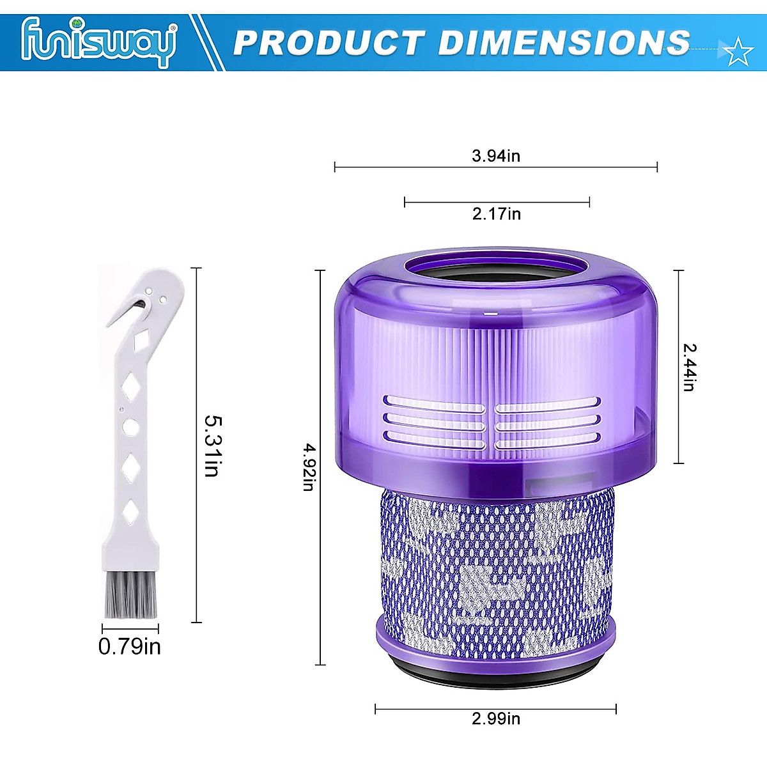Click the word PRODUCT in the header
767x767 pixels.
(x=327, y=43)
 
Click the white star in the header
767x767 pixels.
(x=739, y=52)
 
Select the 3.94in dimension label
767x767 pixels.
(x=496, y=155)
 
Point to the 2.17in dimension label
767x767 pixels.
(x=497, y=213)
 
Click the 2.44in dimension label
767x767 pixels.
(x=689, y=367)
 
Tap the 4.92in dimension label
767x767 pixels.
(x=307, y=467)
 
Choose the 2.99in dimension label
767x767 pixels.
(x=496, y=718)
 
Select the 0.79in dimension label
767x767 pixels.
(x=129, y=647)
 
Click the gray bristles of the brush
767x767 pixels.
(x=131, y=597)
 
